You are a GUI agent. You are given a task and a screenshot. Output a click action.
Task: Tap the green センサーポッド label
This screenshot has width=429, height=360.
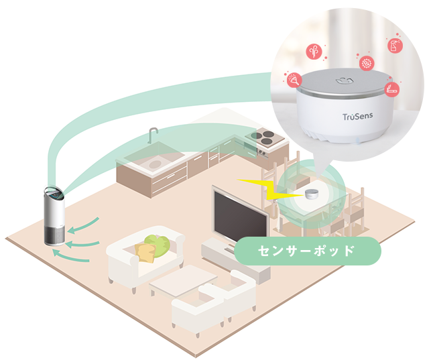(308, 251)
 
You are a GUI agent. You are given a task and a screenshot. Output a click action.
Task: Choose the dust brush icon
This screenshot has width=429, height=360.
(294, 80)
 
